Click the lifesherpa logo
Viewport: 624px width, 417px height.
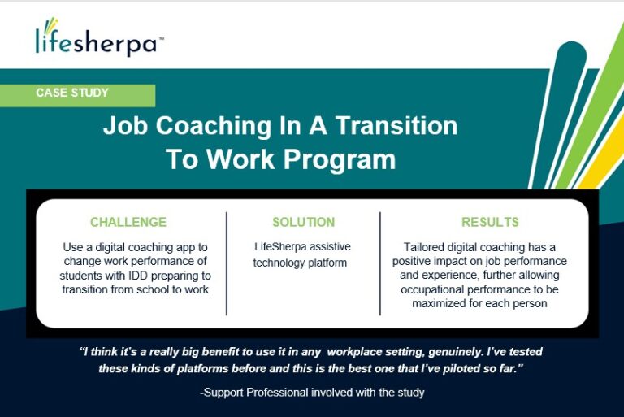(x=99, y=37)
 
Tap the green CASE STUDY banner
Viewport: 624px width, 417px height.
(x=78, y=96)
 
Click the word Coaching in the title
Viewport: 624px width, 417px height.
(x=214, y=126)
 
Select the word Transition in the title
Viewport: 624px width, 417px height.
(x=396, y=125)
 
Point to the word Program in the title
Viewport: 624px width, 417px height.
(x=340, y=160)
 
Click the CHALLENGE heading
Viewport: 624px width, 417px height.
(x=128, y=222)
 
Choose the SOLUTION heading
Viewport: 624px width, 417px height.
(x=304, y=222)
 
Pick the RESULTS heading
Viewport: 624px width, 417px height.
(x=490, y=222)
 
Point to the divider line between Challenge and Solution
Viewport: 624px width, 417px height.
(x=227, y=263)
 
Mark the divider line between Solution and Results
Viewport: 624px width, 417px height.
(x=380, y=263)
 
